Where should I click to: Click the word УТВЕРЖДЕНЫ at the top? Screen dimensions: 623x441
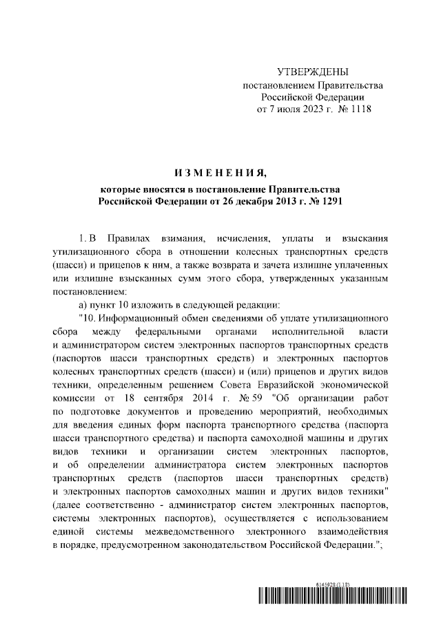pos(312,72)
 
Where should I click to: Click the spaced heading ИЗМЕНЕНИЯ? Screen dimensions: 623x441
pos(220,172)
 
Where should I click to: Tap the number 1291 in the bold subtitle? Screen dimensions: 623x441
pos(327,201)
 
